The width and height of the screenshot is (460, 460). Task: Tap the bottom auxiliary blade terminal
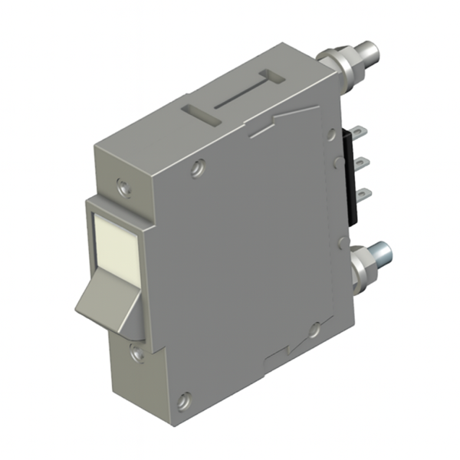(x=364, y=192)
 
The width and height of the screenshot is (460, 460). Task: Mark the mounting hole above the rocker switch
(x=121, y=185)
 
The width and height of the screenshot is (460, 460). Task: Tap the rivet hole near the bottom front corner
(x=184, y=399)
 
